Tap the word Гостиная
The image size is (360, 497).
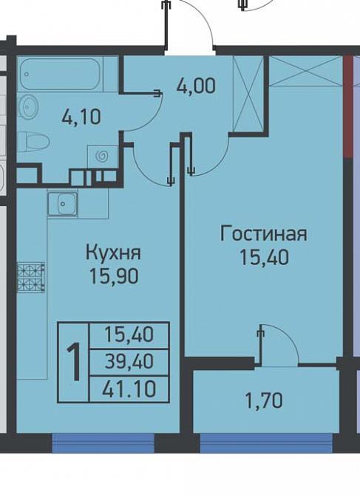point(264,234)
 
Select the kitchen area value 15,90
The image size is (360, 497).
point(114,275)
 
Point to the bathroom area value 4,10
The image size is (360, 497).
point(81,117)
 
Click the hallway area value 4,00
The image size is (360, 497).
point(197,85)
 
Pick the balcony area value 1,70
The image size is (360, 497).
point(264,400)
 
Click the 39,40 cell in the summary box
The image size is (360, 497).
point(129,362)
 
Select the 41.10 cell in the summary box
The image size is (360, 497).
point(129,389)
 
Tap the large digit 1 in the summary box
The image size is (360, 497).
point(74,363)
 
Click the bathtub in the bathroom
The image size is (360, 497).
point(61,74)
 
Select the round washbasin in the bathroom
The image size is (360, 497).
point(28,106)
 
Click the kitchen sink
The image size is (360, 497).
point(63,203)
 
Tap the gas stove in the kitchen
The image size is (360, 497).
point(31,278)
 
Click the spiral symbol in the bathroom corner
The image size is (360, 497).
point(103,156)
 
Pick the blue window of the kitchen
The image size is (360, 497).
point(103,442)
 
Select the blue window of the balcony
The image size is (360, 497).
point(266,442)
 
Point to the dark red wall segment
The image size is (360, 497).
point(348,106)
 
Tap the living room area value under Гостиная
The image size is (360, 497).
point(264,257)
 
